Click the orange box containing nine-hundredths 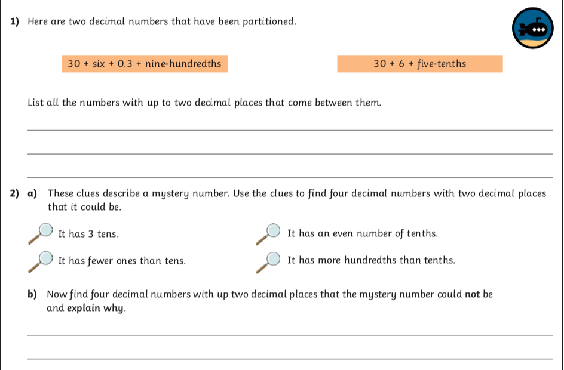145,64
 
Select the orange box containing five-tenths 419,64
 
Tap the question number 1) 15,22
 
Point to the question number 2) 15,193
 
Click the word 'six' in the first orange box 98,64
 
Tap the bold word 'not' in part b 473,294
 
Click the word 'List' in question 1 36,103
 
